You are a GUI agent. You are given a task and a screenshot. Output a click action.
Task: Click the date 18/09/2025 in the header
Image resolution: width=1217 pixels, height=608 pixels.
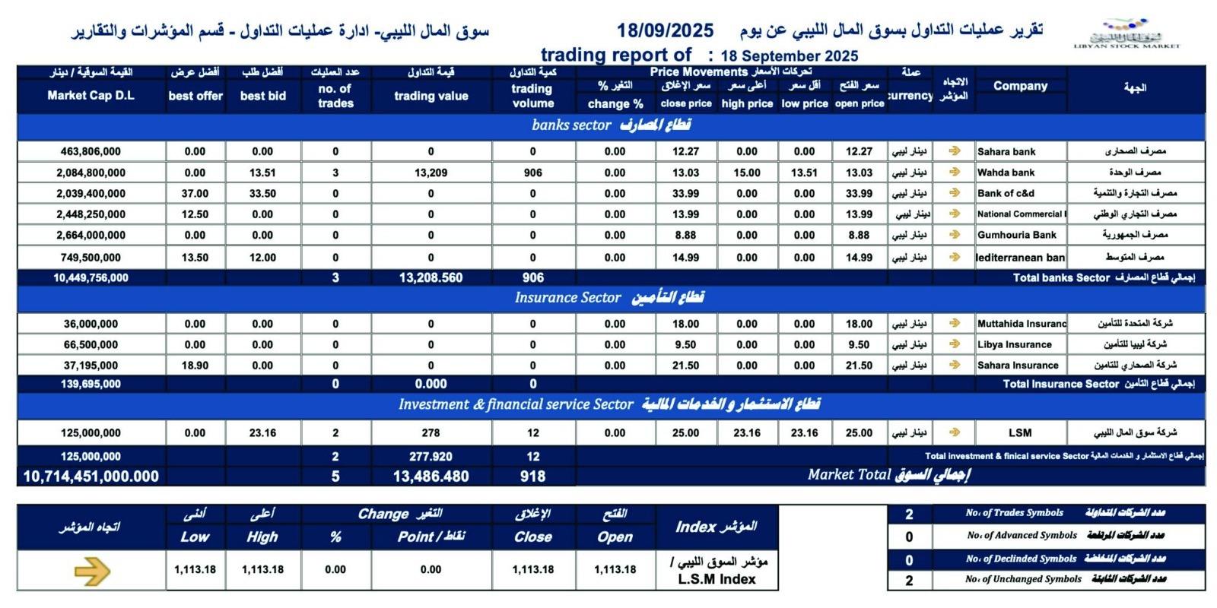click(x=665, y=30)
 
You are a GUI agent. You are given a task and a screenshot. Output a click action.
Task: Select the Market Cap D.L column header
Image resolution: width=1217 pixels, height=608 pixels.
click(x=91, y=96)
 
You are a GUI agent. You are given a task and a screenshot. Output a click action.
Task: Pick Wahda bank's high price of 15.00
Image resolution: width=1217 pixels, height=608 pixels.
click(x=747, y=173)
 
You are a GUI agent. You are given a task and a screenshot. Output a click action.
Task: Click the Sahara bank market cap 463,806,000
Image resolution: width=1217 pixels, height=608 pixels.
click(x=91, y=151)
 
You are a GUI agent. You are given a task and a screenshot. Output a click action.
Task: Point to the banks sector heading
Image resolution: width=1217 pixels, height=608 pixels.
click(x=611, y=125)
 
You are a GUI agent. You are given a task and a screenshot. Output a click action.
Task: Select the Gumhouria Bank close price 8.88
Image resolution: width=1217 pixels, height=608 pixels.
click(x=685, y=235)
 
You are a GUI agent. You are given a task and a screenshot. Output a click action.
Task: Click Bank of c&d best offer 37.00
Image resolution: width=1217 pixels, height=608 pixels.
click(x=195, y=194)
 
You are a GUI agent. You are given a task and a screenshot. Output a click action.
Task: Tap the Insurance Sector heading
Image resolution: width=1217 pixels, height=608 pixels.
click(x=609, y=297)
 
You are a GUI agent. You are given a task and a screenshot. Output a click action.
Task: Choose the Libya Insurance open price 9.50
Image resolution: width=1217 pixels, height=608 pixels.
click(x=859, y=344)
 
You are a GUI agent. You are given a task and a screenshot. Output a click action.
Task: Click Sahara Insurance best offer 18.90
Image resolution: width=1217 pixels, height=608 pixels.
click(x=195, y=366)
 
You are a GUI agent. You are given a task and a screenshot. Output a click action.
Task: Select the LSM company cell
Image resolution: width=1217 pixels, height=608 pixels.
click(x=1020, y=432)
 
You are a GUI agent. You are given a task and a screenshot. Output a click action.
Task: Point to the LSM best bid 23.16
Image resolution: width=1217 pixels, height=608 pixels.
click(x=262, y=432)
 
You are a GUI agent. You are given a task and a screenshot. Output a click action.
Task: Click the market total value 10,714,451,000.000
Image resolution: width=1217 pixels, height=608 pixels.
click(x=91, y=477)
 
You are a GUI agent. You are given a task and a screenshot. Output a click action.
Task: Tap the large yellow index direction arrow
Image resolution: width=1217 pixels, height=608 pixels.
click(x=92, y=571)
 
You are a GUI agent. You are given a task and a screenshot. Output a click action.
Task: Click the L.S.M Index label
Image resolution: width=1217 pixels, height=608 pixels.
click(x=717, y=579)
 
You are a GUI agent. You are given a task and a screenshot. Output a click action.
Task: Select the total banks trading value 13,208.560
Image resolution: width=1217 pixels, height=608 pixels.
click(x=431, y=277)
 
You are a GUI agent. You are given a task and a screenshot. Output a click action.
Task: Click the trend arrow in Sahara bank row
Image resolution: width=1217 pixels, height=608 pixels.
click(x=954, y=151)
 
